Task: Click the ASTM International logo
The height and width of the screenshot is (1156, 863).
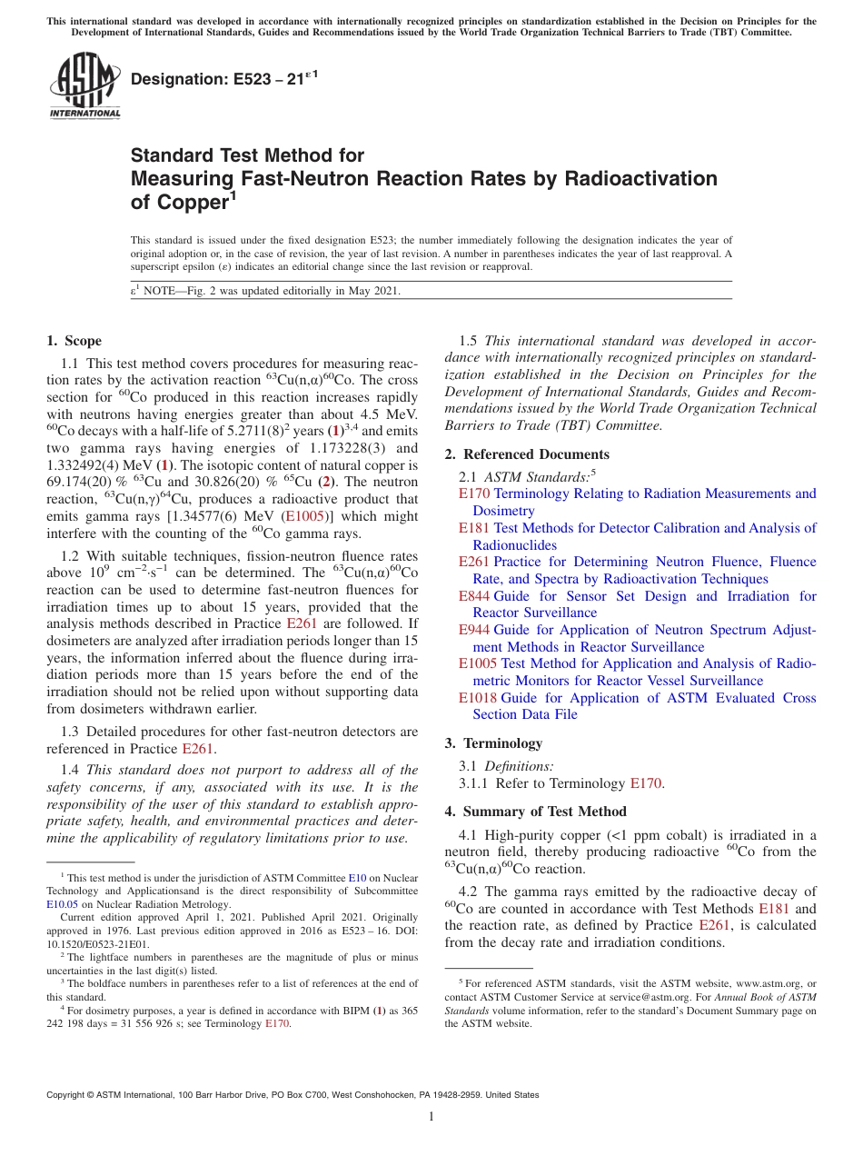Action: (84, 85)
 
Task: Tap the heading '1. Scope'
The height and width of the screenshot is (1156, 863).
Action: (74, 341)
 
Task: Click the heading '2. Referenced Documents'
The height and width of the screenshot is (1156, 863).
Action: (527, 454)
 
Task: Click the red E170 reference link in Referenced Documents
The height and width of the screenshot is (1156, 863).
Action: (474, 493)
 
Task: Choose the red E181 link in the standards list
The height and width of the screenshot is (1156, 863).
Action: (474, 528)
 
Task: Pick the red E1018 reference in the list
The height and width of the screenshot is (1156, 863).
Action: (478, 698)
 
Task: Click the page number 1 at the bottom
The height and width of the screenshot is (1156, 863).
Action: (431, 1117)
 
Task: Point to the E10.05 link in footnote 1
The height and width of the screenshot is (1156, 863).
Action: (62, 904)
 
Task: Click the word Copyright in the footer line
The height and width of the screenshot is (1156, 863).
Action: (67, 1095)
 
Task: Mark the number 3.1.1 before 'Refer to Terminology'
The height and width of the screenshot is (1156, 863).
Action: (475, 782)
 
